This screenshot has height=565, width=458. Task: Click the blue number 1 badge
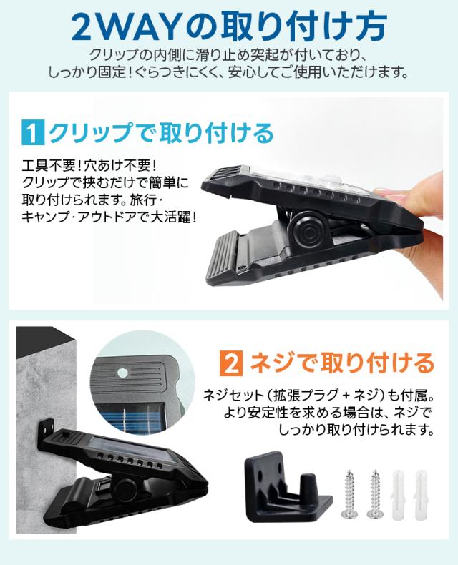[x=33, y=134]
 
